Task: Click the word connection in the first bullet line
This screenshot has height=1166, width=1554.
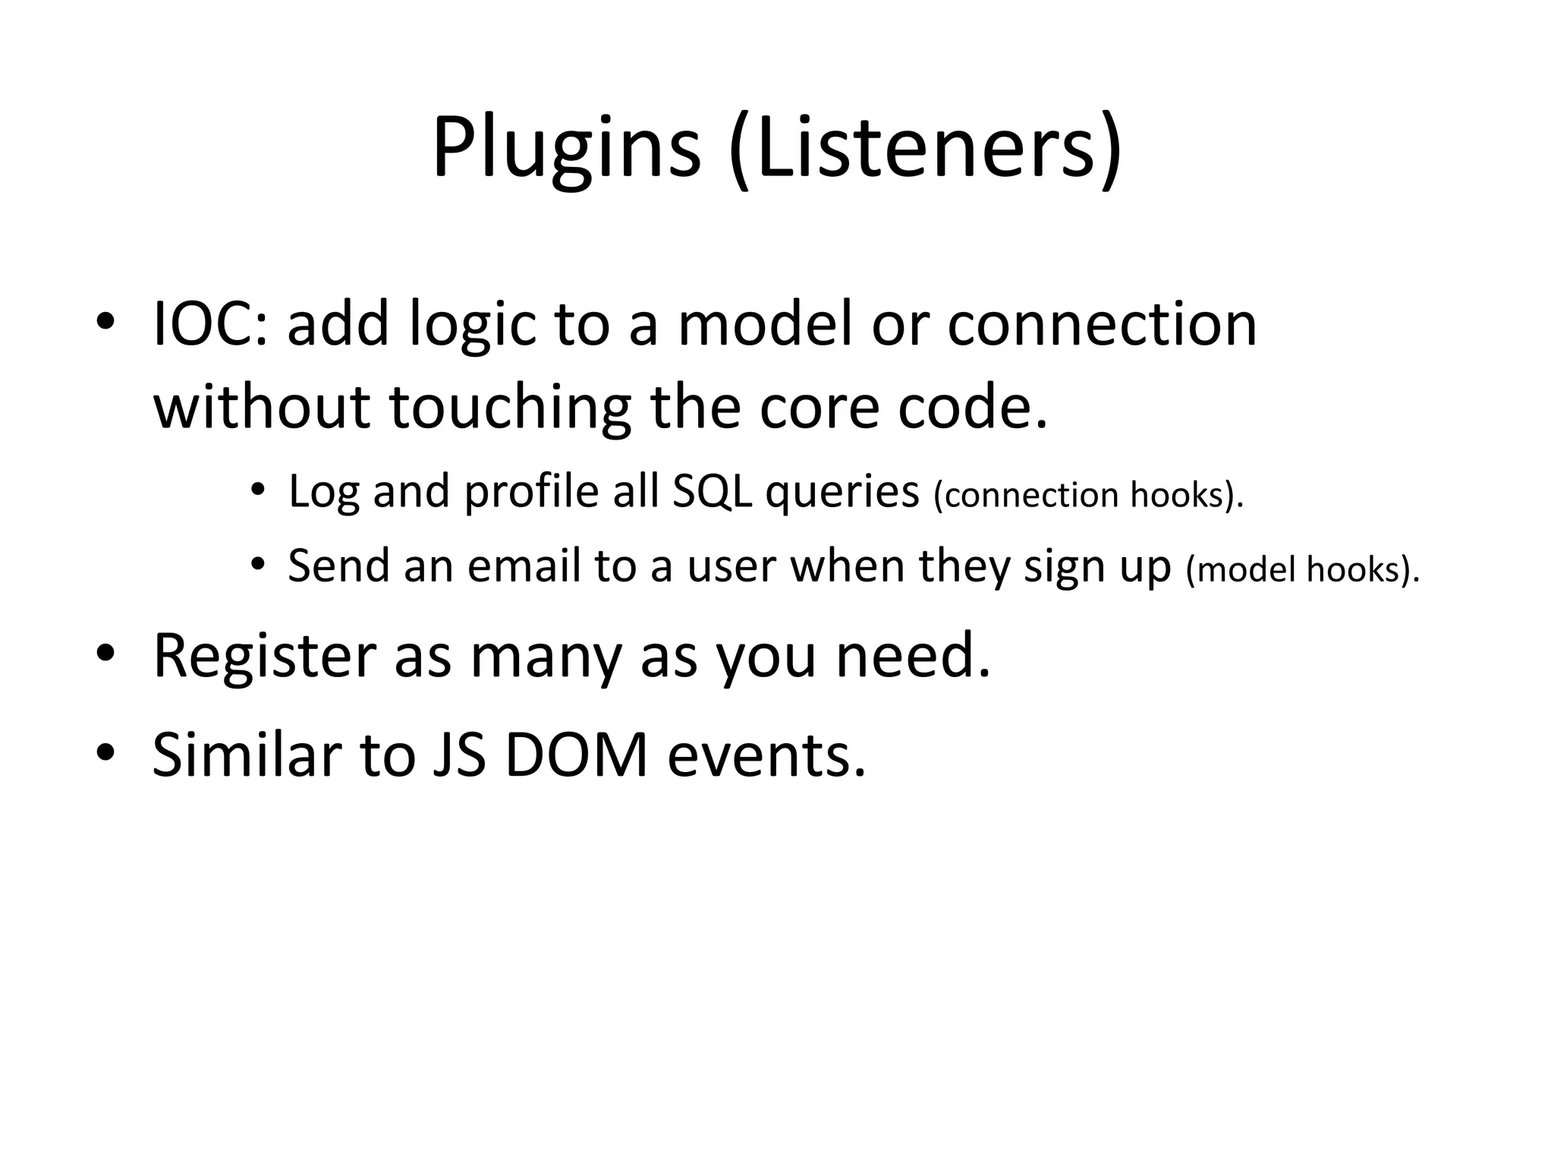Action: point(1102,324)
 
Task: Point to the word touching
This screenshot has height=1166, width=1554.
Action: point(510,408)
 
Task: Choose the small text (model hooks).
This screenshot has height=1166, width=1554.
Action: point(1302,570)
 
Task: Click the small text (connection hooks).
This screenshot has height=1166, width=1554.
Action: point(1089,496)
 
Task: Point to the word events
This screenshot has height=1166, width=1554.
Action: point(766,756)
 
